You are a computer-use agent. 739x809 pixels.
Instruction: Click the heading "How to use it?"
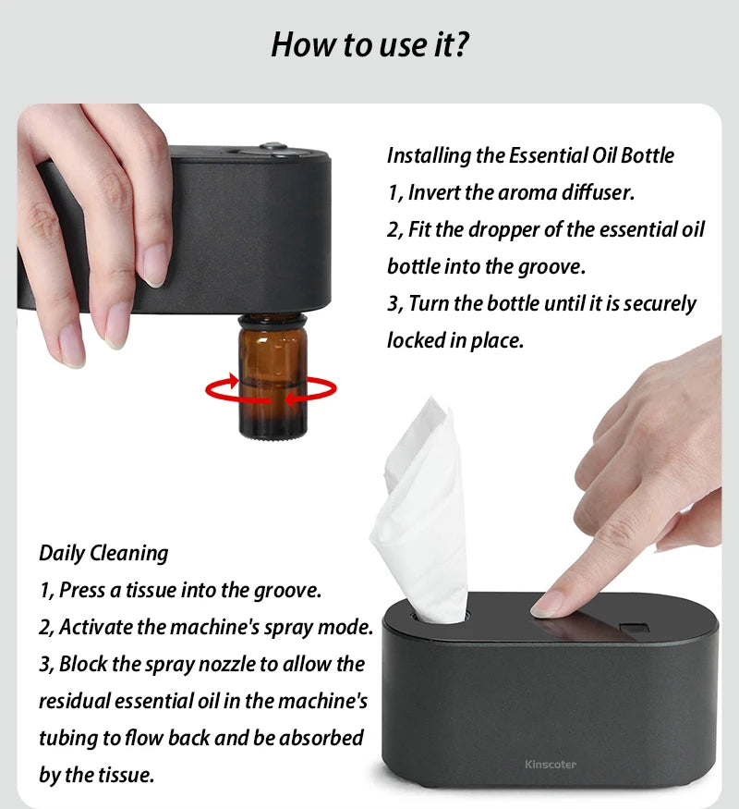point(369,43)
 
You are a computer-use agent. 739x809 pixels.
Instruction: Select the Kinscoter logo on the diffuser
point(550,764)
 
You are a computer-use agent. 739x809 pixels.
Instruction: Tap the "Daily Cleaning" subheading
point(103,553)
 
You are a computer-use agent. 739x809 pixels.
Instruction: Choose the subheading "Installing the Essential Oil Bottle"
point(530,155)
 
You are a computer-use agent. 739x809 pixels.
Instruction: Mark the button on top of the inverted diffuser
point(273,146)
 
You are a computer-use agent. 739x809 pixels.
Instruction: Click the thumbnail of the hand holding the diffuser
point(92,231)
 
